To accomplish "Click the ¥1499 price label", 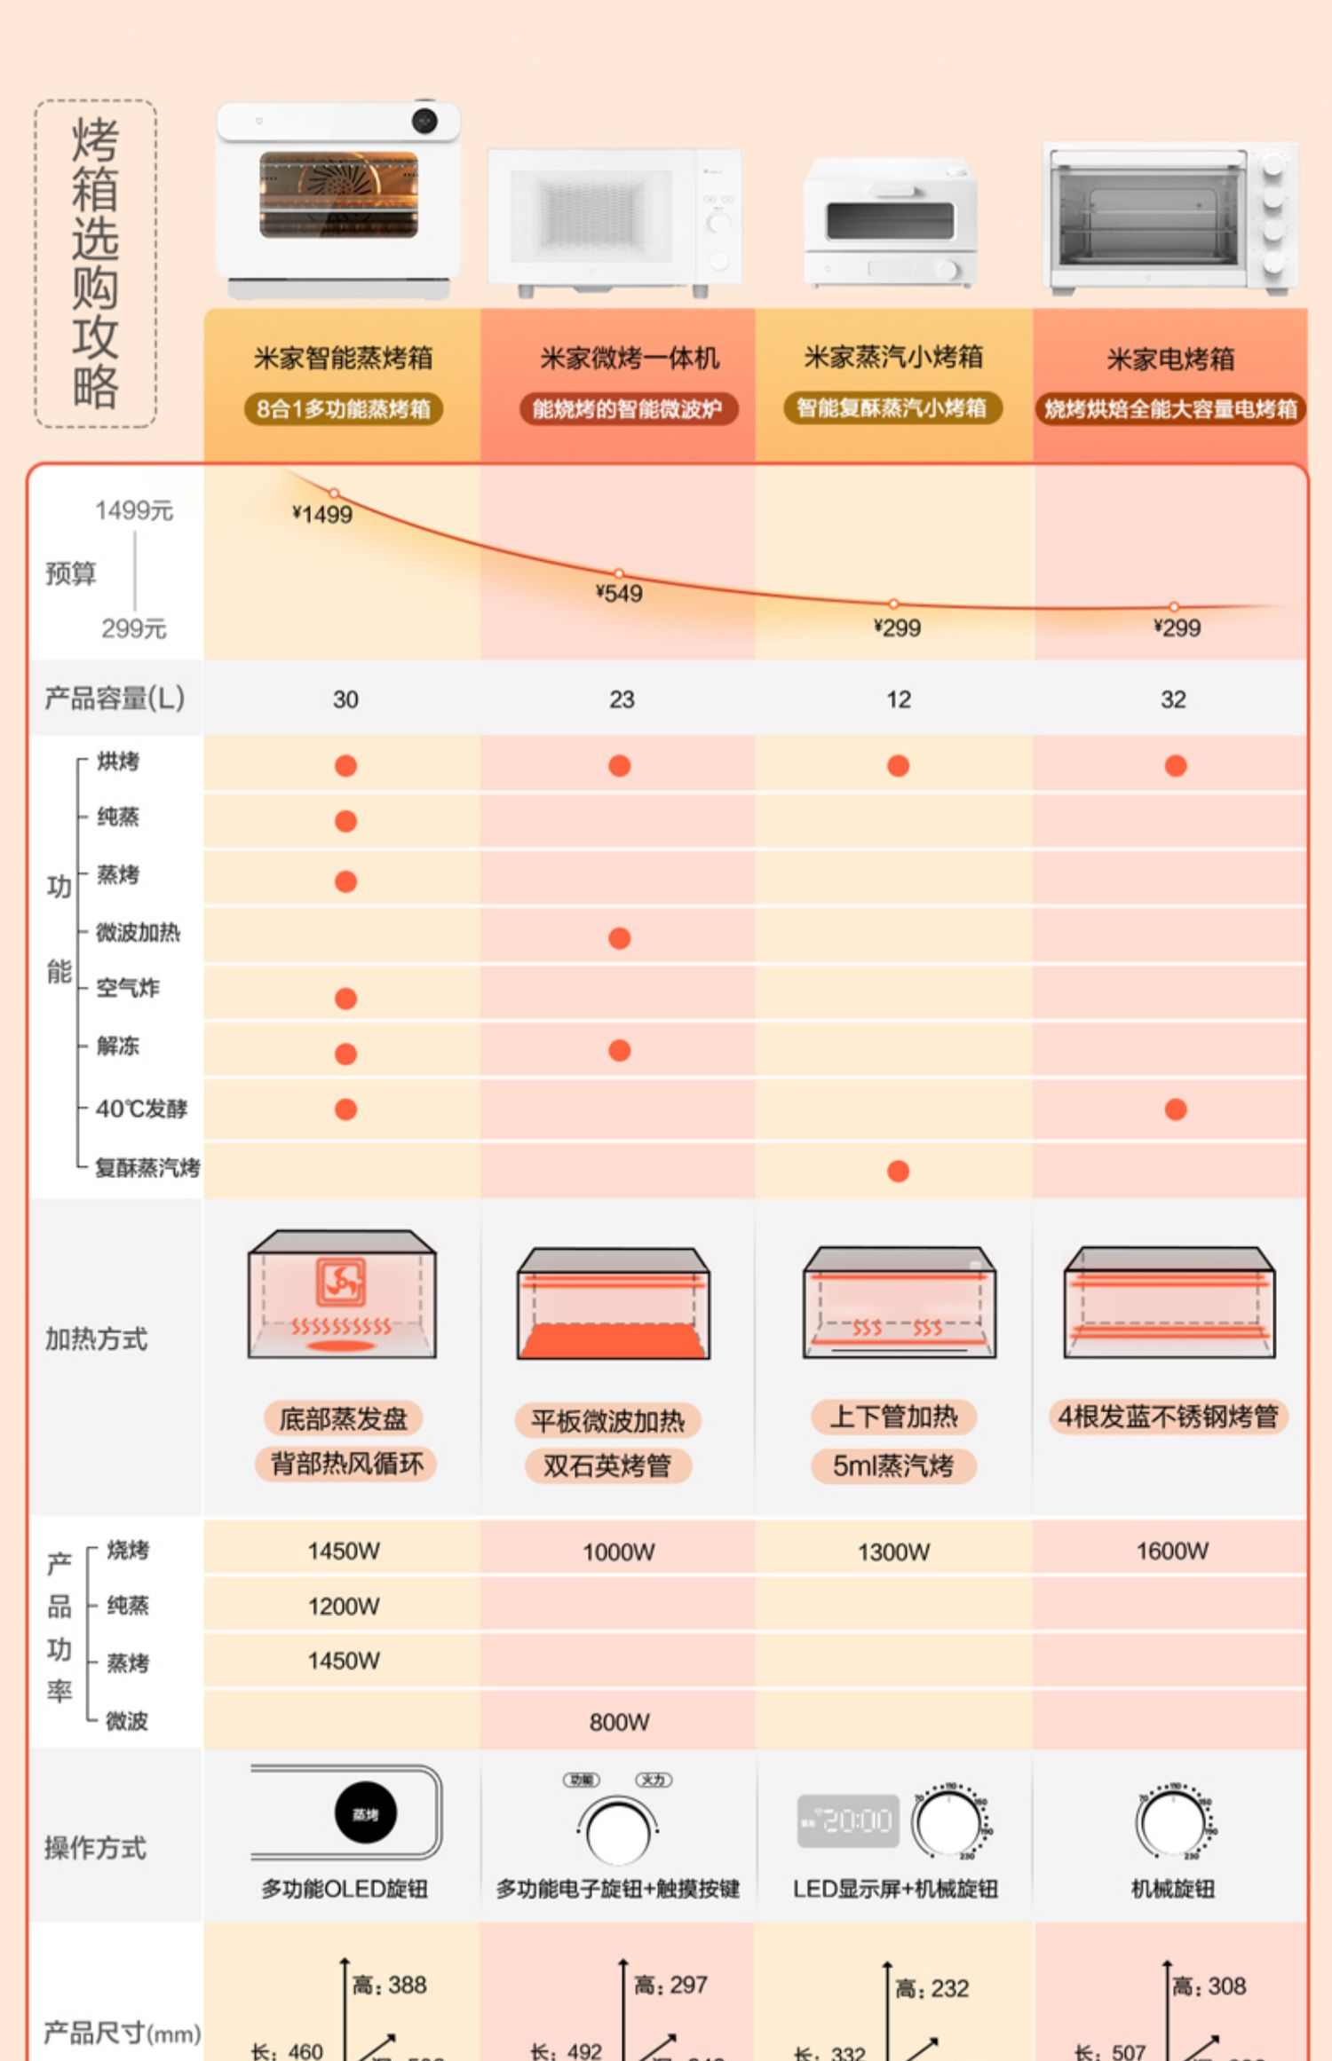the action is pyautogui.click(x=322, y=515).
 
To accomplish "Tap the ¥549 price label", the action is pyautogui.click(x=619, y=593).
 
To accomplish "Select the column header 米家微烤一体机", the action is pyautogui.click(x=629, y=359).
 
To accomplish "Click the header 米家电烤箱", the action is pyautogui.click(x=1170, y=359).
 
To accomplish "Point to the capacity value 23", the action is pyautogui.click(x=622, y=699).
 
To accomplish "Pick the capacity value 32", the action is pyautogui.click(x=1173, y=699).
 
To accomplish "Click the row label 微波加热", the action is pyautogui.click(x=138, y=932).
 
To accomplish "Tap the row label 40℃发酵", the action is pyautogui.click(x=141, y=1109).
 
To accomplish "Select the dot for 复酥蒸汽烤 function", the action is pyautogui.click(x=898, y=1172).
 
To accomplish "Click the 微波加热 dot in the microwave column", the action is pyautogui.click(x=620, y=938).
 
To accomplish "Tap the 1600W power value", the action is pyautogui.click(x=1172, y=1551).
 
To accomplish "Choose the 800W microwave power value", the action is pyautogui.click(x=619, y=1722).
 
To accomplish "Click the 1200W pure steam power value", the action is pyautogui.click(x=344, y=1606).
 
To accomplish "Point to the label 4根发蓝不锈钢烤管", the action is pyautogui.click(x=1168, y=1417).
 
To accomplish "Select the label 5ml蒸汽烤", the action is pyautogui.click(x=892, y=1465).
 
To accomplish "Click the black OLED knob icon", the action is pyautogui.click(x=366, y=1812).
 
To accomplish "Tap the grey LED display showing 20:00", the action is pyautogui.click(x=848, y=1820).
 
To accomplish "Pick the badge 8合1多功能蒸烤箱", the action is pyautogui.click(x=344, y=409).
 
